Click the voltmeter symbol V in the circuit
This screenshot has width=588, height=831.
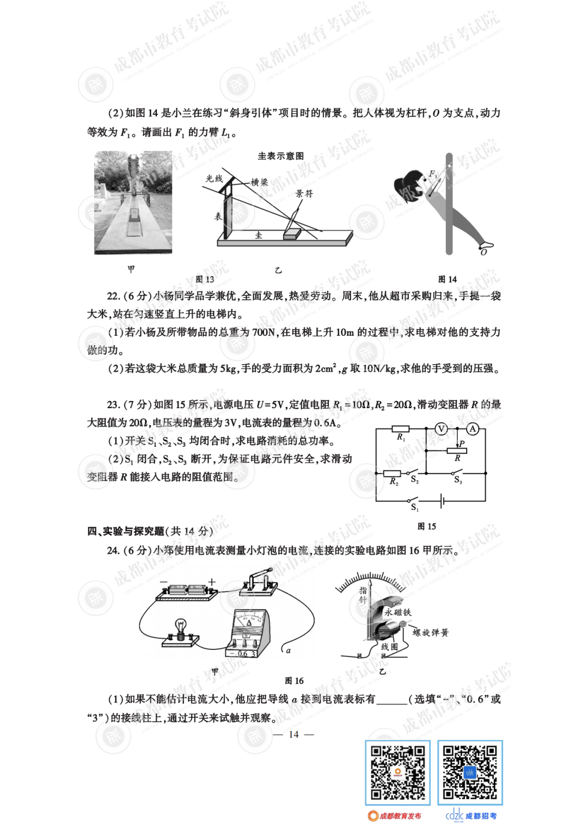442,429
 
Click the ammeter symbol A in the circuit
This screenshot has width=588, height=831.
473,429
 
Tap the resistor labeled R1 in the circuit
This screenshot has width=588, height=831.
401,429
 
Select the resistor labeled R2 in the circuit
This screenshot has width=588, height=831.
392,473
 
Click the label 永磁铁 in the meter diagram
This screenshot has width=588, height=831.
398,612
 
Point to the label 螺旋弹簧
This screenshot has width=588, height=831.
430,632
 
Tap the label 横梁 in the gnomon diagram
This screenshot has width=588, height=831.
259,182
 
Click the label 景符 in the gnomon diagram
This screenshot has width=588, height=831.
304,194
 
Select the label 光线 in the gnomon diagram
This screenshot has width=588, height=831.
214,178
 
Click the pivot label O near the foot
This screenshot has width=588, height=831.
483,252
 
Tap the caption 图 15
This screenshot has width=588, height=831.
426,526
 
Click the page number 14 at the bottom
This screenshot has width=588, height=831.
293,734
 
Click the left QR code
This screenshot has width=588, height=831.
397,772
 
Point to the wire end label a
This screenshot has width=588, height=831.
288,650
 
